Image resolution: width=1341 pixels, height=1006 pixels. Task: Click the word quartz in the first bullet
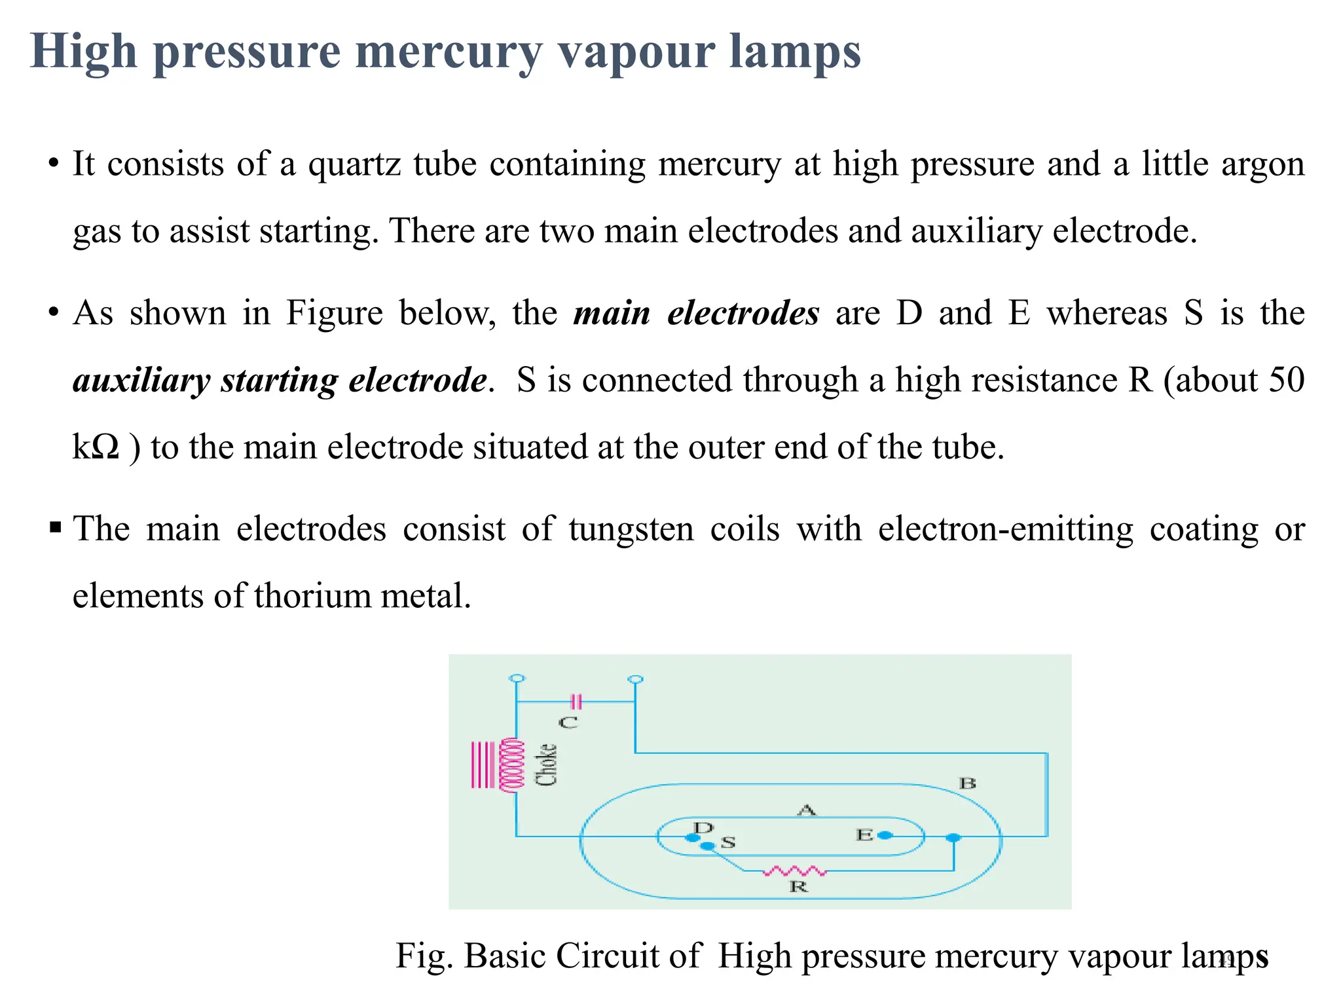(354, 164)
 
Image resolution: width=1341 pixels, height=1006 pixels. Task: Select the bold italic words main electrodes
(696, 313)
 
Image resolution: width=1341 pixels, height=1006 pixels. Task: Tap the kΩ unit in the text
(96, 448)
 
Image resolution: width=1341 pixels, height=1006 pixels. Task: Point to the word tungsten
(631, 529)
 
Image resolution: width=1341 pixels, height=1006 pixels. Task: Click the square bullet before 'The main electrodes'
(55, 527)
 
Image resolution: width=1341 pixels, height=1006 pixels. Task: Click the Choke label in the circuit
(546, 764)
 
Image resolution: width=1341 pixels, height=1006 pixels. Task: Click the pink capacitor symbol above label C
(576, 702)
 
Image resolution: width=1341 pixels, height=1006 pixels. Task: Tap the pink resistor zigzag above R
(795, 871)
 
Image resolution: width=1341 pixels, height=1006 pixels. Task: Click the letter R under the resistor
(798, 887)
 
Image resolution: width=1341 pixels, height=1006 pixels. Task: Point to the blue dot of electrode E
(885, 835)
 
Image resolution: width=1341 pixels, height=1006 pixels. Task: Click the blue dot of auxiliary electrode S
(707, 846)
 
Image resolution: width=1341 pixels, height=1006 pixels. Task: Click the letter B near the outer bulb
(967, 783)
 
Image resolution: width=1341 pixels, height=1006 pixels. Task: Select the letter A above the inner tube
(807, 810)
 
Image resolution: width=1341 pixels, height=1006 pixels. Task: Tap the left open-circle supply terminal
(517, 679)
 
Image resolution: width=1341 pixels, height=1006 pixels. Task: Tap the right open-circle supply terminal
(634, 679)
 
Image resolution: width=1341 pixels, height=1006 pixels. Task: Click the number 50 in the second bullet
(1286, 381)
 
